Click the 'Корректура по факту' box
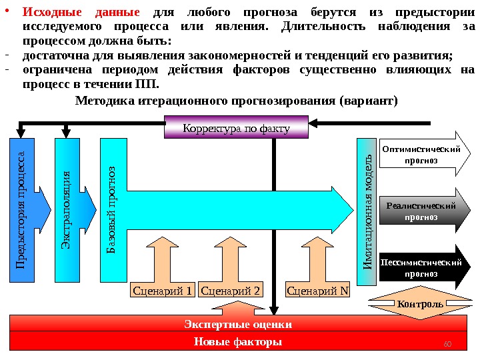click(236, 127)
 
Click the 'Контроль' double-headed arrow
click(419, 304)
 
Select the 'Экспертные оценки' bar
click(238, 325)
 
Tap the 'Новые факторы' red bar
click(238, 342)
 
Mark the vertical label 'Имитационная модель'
click(367, 212)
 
